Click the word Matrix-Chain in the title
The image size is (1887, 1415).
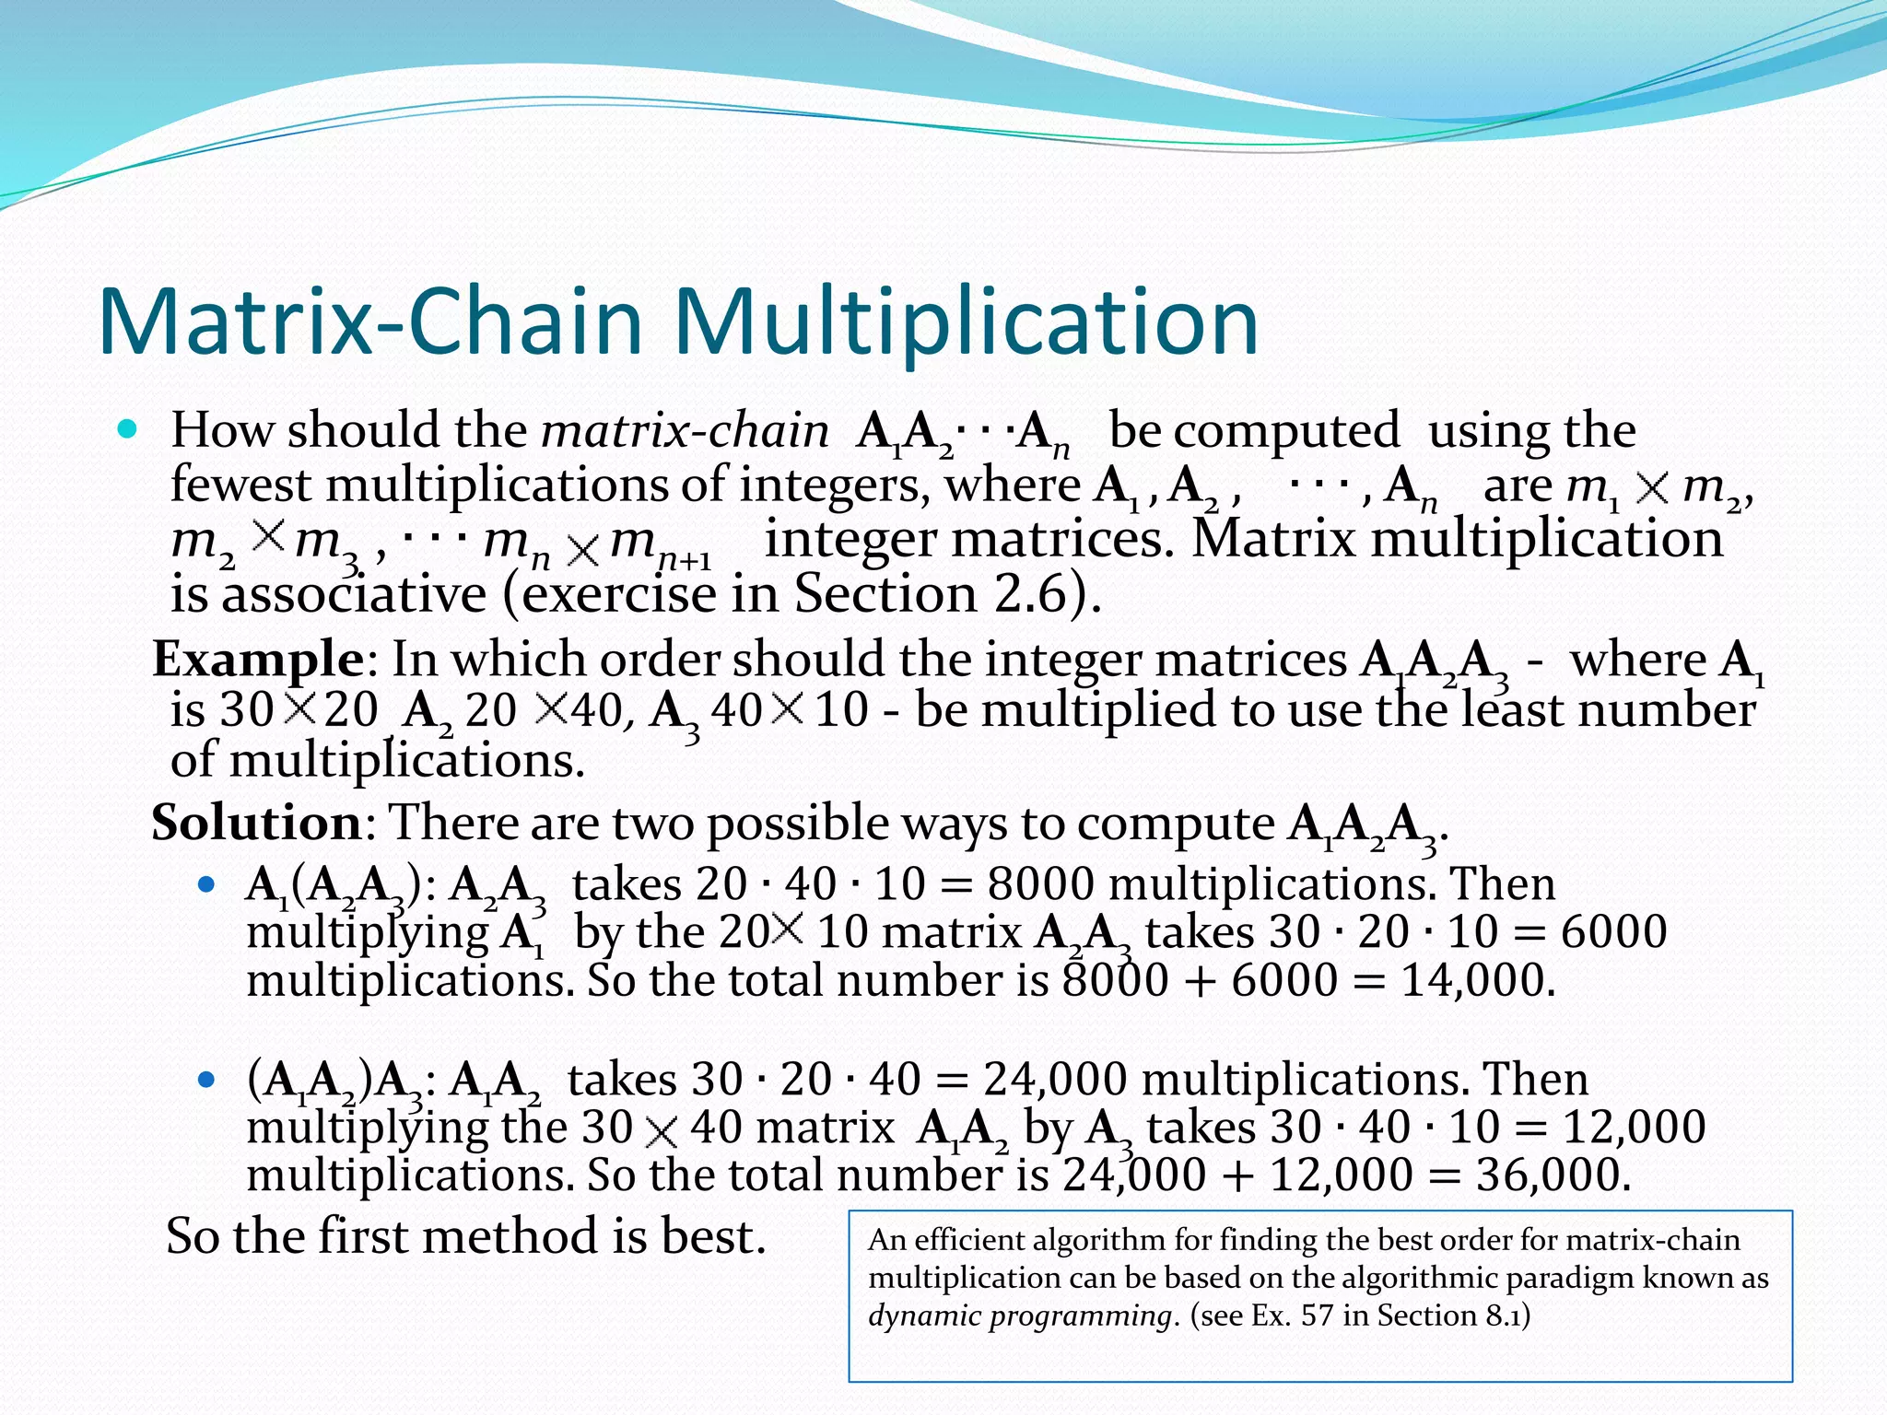tap(369, 322)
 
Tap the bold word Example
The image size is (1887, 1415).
tap(258, 660)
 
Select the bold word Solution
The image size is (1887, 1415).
tap(257, 822)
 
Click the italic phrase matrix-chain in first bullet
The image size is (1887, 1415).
tap(685, 431)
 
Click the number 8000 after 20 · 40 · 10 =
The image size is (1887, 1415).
tap(1040, 884)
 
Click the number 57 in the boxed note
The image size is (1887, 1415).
tap(1317, 1316)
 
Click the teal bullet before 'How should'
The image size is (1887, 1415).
tap(128, 429)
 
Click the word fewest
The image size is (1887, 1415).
tap(240, 485)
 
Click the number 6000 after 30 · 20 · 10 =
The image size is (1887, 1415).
tap(1613, 932)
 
